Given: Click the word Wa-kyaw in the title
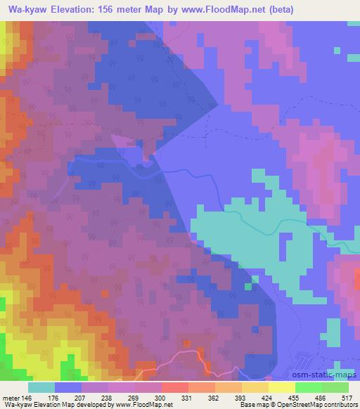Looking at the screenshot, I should tap(26, 10).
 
